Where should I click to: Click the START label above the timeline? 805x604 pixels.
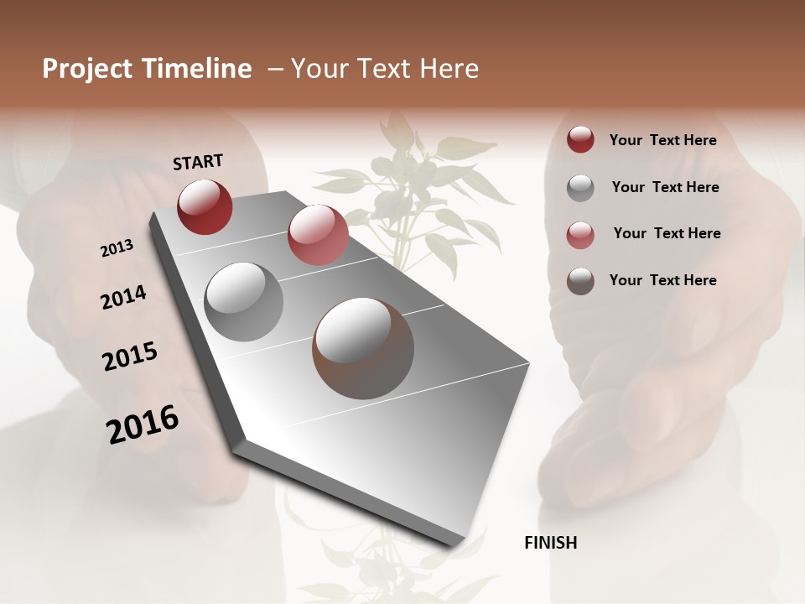(198, 162)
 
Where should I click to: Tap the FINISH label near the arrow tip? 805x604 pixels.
(550, 543)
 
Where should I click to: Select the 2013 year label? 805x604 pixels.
(117, 248)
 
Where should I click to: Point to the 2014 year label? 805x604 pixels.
(123, 298)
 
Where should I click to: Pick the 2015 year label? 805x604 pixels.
(129, 357)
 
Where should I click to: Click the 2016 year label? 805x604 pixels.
(143, 424)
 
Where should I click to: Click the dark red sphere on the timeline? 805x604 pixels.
(205, 206)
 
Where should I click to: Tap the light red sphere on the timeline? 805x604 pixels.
(318, 235)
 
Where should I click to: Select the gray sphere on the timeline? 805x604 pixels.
(243, 301)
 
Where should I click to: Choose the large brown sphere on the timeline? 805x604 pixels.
(363, 348)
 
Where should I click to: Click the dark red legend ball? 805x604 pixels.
(580, 140)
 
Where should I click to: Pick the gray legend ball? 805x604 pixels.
(580, 187)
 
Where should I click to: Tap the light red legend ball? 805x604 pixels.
(580, 234)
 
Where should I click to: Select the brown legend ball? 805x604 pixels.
(580, 281)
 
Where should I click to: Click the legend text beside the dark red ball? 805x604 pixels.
(662, 140)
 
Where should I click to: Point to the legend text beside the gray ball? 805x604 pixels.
(665, 187)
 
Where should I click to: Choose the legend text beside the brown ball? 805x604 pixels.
(662, 280)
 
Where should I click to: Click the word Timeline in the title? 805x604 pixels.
(198, 69)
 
